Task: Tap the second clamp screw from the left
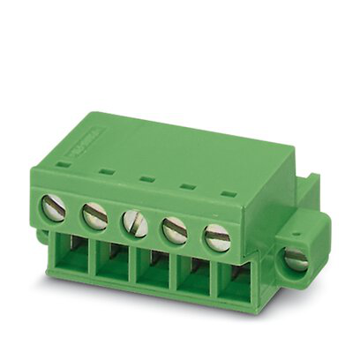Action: pyautogui.click(x=94, y=215)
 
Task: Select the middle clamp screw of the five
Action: pyautogui.click(x=135, y=222)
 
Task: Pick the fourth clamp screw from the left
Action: pyautogui.click(x=175, y=229)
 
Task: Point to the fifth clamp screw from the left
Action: pyautogui.click(x=217, y=237)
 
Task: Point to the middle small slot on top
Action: pyautogui.click(x=146, y=177)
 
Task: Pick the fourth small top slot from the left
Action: pyautogui.click(x=187, y=185)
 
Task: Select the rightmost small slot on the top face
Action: pyautogui.click(x=229, y=192)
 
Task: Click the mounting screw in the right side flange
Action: pyautogui.click(x=296, y=259)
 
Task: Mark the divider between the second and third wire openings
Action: pyautogui.click(x=131, y=268)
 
